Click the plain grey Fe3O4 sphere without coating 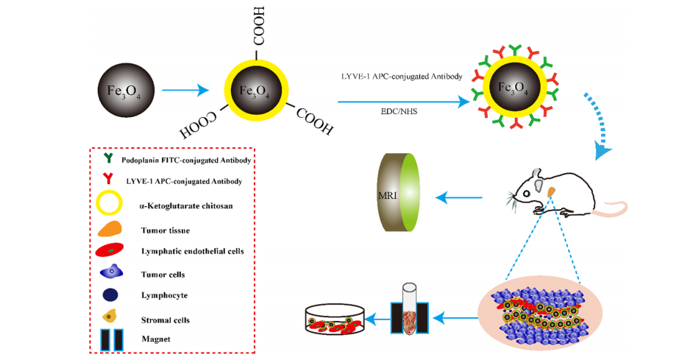(x=120, y=91)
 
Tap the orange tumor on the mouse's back (x=551, y=193)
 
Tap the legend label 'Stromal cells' (x=166, y=320)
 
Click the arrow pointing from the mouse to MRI (x=459, y=197)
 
